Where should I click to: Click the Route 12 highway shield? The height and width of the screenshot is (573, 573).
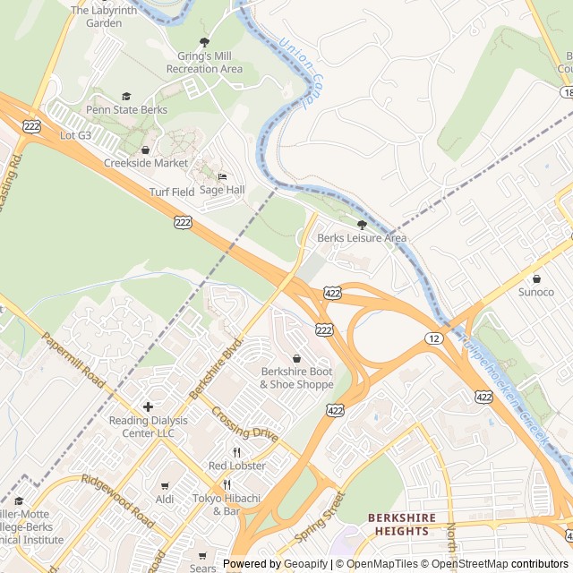[434, 338]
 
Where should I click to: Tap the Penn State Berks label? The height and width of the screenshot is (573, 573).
[126, 110]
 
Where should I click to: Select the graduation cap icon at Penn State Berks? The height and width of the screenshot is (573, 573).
[126, 96]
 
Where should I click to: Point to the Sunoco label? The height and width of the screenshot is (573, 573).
[536, 292]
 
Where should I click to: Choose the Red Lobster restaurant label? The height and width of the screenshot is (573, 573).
[237, 466]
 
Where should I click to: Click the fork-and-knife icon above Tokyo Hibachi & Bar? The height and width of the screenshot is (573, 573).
[227, 484]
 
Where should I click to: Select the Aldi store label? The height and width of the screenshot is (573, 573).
[165, 499]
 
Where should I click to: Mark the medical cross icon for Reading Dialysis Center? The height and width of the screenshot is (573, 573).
[148, 406]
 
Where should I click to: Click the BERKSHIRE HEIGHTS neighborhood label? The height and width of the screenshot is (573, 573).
[402, 525]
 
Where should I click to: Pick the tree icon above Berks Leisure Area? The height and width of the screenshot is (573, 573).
[362, 225]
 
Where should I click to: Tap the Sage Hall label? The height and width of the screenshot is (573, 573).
[222, 190]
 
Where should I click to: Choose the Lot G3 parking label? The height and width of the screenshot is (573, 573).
[75, 135]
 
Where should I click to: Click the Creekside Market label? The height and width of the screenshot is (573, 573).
[146, 163]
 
